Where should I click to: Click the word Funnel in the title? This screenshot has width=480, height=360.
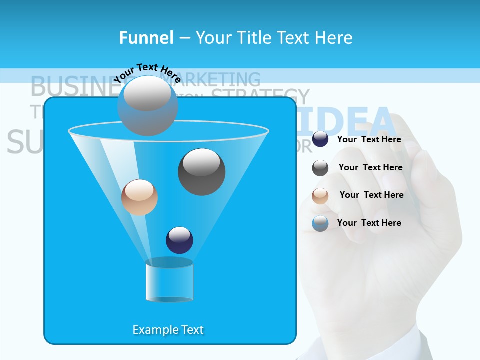pyautogui.click(x=146, y=38)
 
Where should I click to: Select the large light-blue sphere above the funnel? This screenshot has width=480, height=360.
pyautogui.click(x=147, y=105)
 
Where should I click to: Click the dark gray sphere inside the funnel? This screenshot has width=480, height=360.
pyautogui.click(x=201, y=172)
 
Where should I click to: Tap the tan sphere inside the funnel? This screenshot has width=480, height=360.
pyautogui.click(x=139, y=197)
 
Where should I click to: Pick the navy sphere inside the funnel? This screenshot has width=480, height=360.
pyautogui.click(x=179, y=240)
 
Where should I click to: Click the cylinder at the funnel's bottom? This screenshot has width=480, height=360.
pyautogui.click(x=169, y=280)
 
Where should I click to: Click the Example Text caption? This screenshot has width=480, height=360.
pyautogui.click(x=168, y=330)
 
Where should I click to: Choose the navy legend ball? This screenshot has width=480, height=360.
pyautogui.click(x=320, y=139)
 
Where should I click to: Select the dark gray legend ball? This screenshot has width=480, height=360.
pyautogui.click(x=320, y=168)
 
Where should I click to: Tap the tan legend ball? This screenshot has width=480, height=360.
pyautogui.click(x=320, y=196)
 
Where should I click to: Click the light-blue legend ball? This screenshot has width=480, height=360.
pyautogui.click(x=320, y=223)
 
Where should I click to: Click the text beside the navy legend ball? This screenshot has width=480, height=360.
pyautogui.click(x=369, y=139)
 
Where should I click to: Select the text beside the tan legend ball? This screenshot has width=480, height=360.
pyautogui.click(x=372, y=195)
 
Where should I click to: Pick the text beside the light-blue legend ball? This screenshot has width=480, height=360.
pyautogui.click(x=369, y=223)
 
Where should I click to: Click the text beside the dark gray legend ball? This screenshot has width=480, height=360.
pyautogui.click(x=371, y=167)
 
